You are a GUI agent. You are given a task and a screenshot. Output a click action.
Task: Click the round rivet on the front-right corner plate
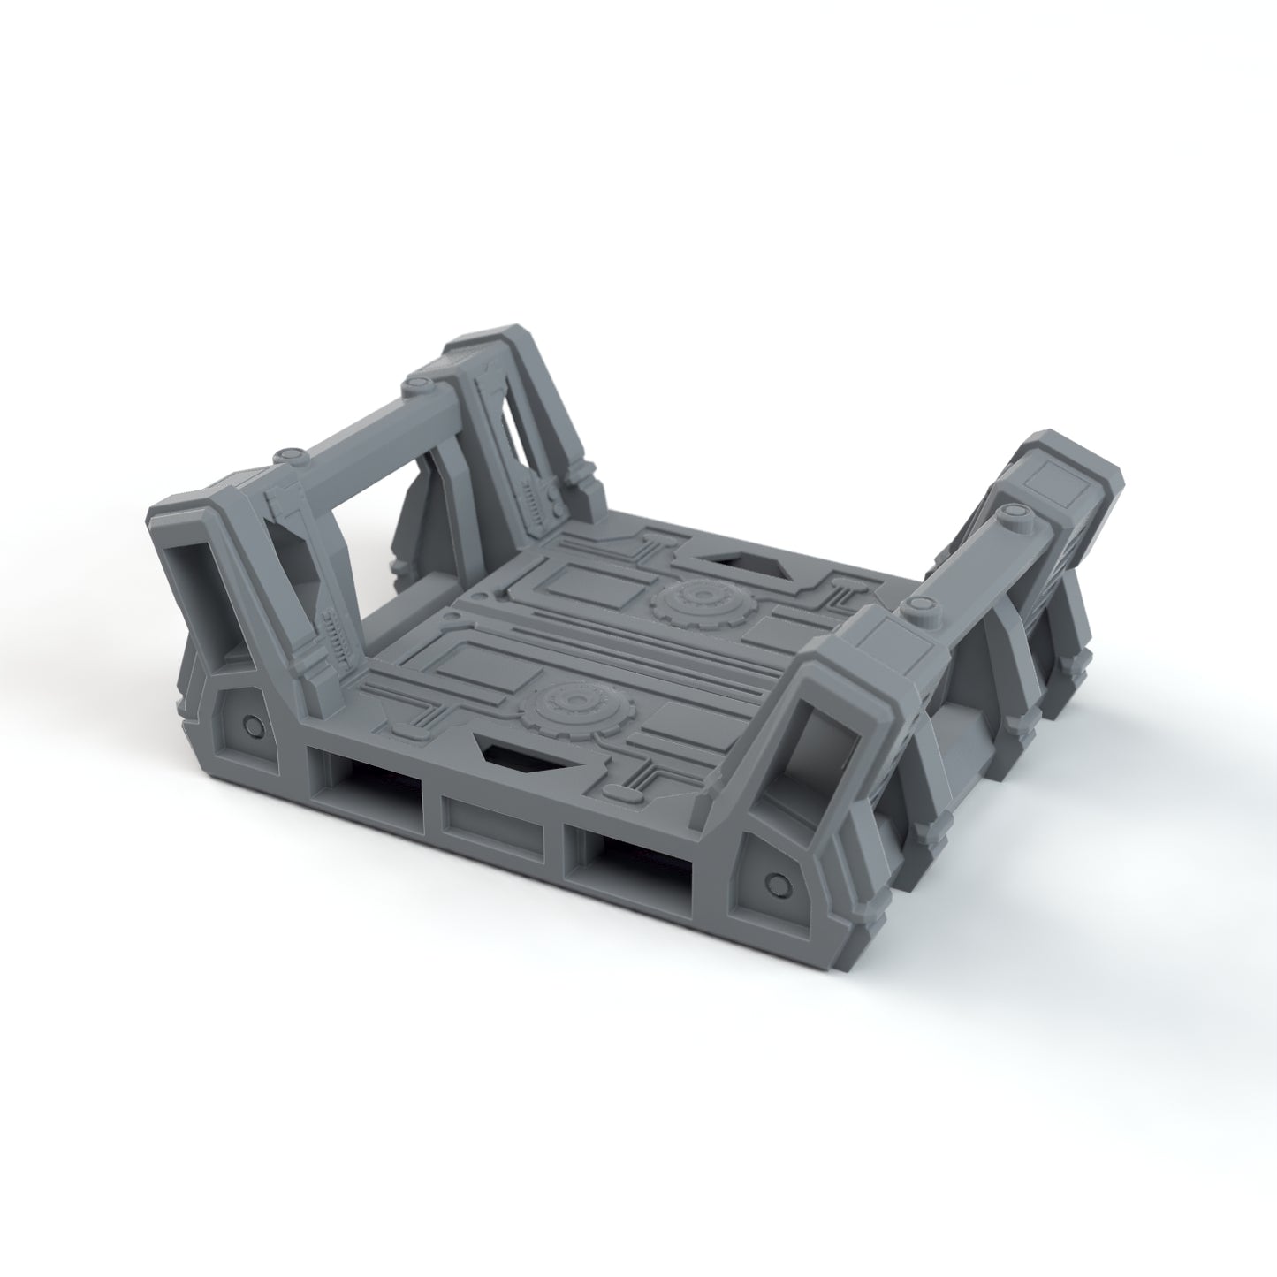pos(777,883)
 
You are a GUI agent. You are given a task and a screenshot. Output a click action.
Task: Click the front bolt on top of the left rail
pos(285,456)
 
